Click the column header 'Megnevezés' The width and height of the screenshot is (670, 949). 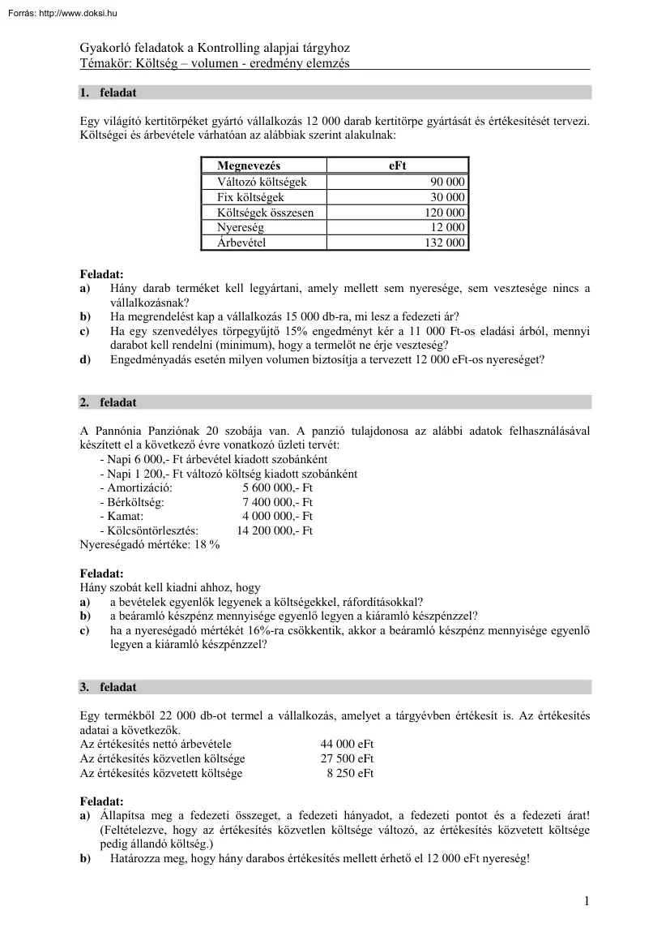(249, 166)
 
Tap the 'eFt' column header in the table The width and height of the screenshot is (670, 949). (397, 166)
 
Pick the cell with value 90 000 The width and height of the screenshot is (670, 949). (447, 182)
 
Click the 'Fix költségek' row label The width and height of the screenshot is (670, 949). (250, 197)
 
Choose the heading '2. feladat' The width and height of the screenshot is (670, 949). (108, 402)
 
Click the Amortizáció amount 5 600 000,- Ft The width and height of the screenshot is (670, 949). (277, 488)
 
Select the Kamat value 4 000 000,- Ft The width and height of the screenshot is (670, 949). (277, 517)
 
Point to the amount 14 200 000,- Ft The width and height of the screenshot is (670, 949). (275, 531)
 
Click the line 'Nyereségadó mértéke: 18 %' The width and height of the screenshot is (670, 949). (149, 545)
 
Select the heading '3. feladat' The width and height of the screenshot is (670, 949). (108, 687)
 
